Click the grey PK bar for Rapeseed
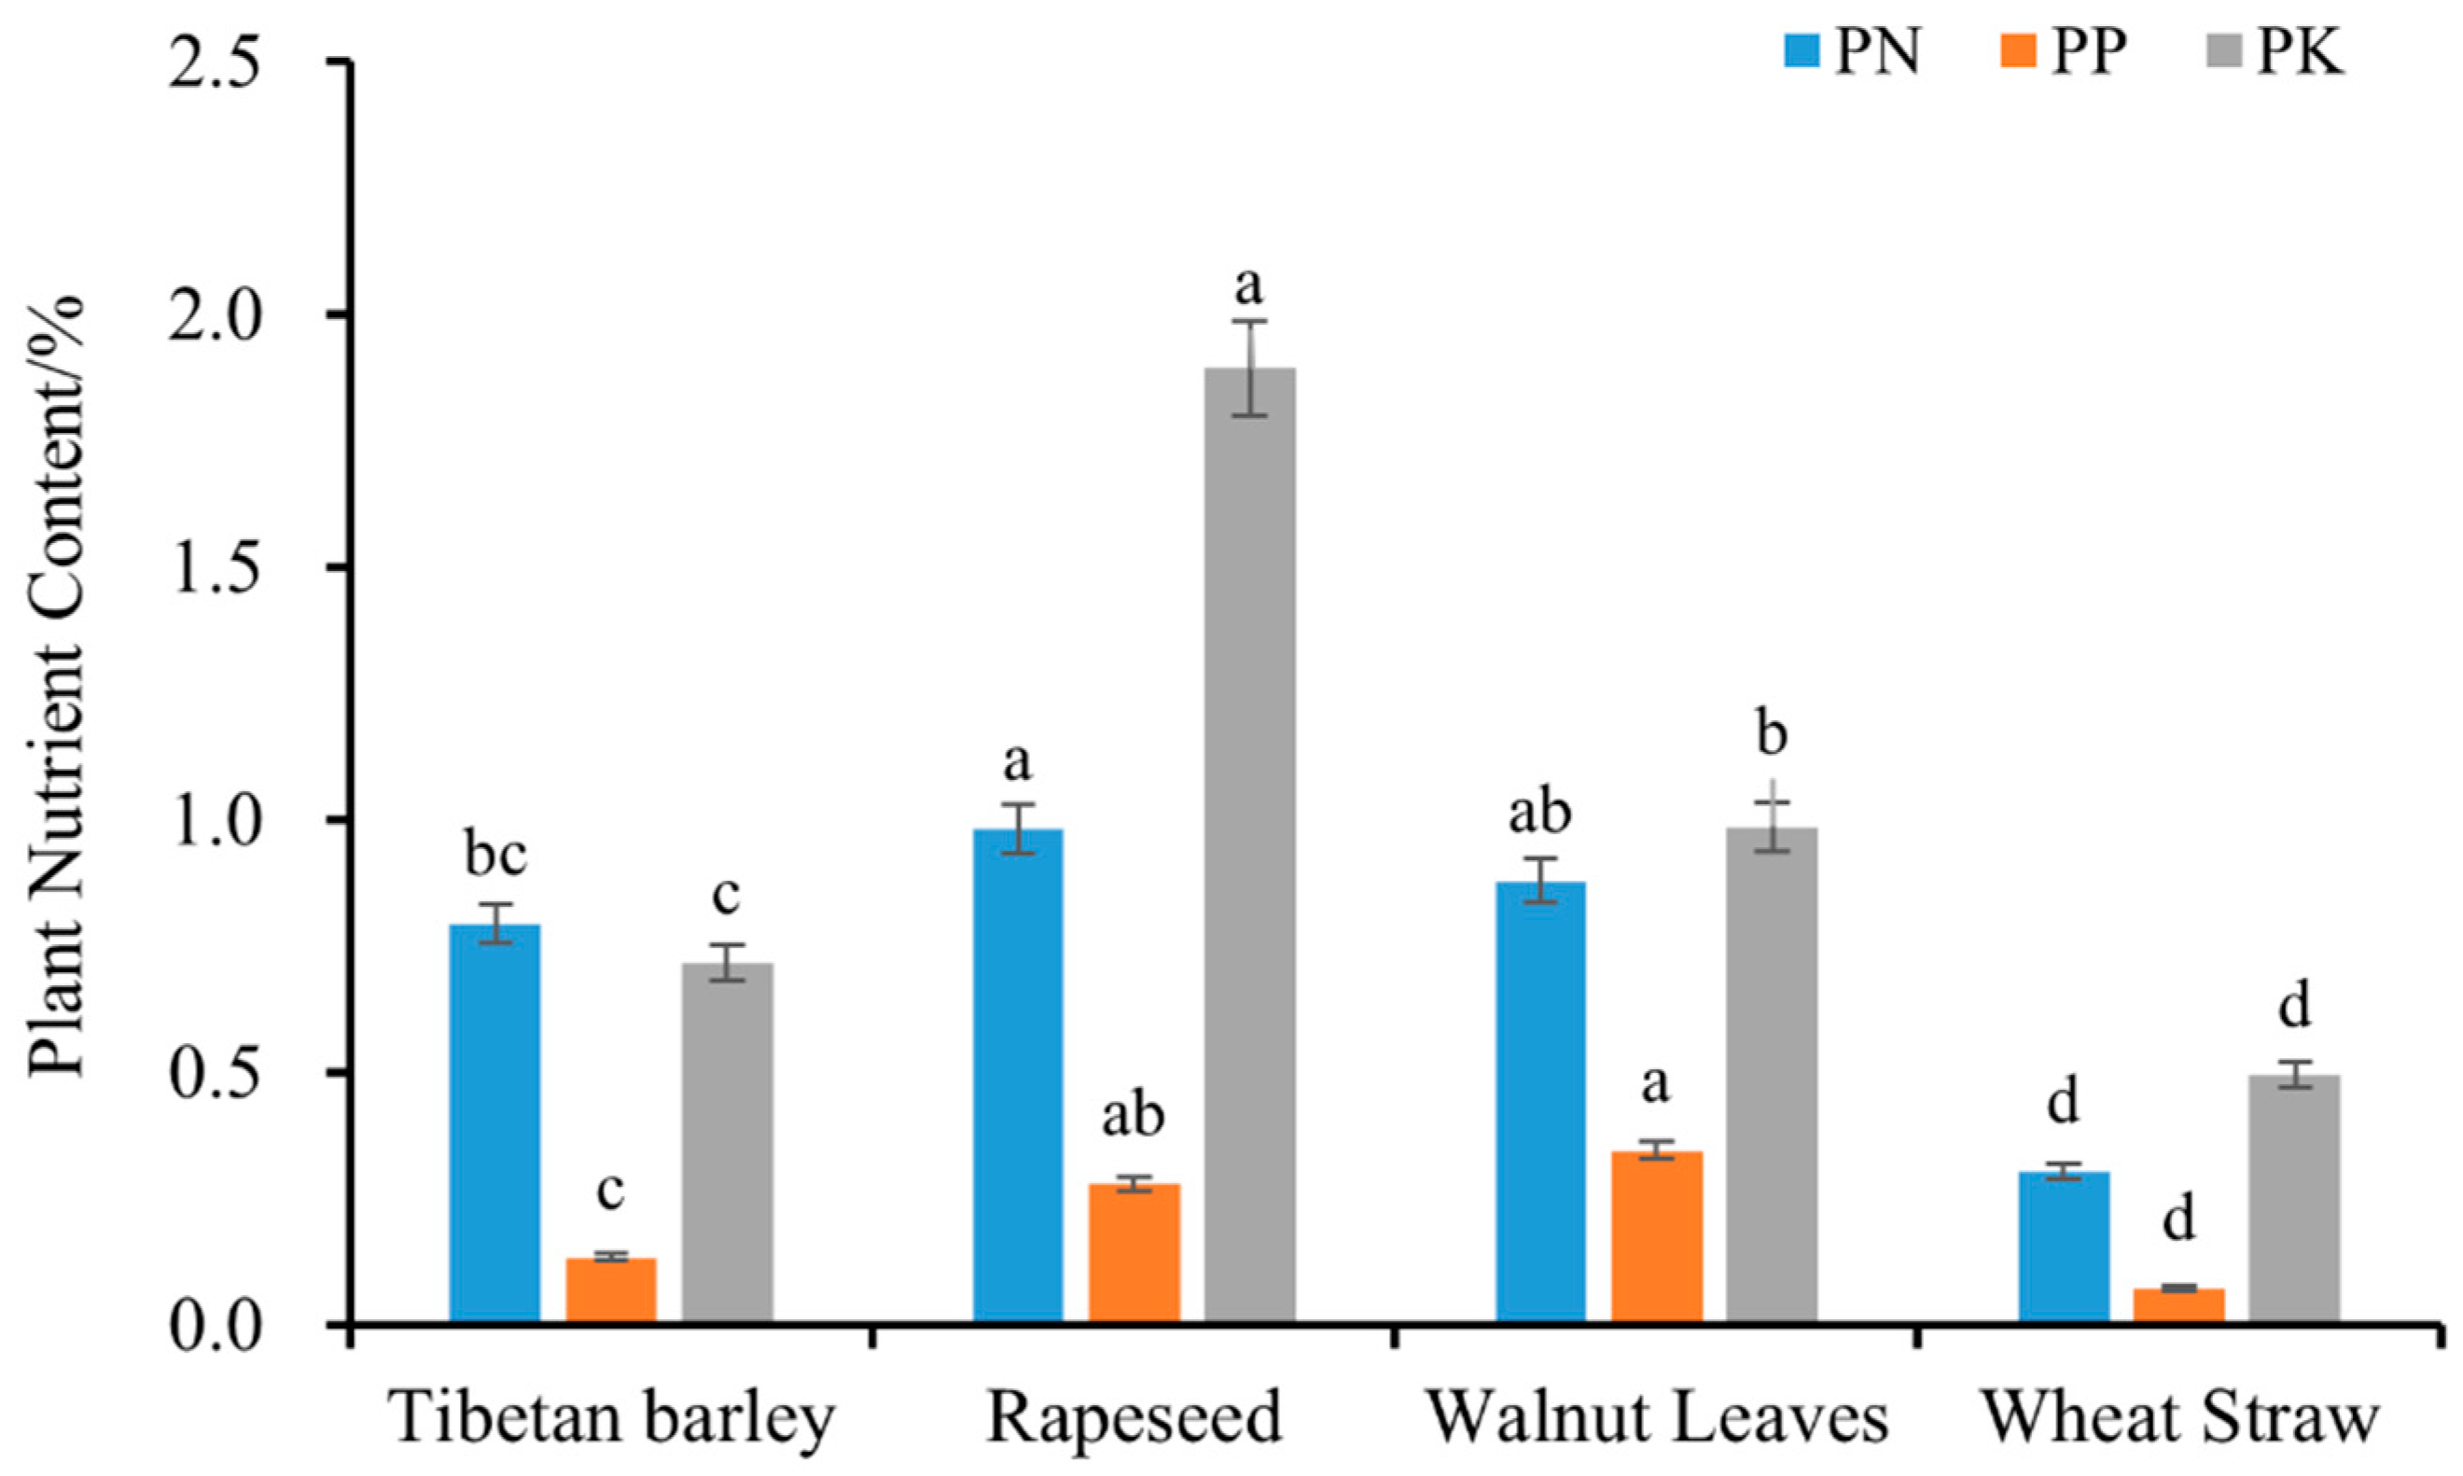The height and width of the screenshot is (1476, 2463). coord(1250,845)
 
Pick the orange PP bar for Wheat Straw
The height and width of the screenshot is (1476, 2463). coord(2178,1304)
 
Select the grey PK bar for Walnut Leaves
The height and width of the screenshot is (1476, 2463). coord(1772,1074)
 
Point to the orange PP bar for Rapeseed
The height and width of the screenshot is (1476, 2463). coord(1134,1252)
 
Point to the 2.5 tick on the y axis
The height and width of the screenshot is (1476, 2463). coord(214,62)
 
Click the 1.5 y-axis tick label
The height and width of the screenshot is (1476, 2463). coord(214,567)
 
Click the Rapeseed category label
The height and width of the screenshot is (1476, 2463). coord(1134,1416)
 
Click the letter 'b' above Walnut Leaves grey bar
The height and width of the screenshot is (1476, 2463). coord(1772,734)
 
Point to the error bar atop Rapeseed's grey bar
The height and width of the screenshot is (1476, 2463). coord(1250,367)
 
